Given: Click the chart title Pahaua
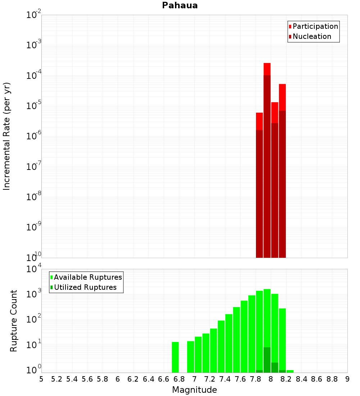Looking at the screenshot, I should (180, 5).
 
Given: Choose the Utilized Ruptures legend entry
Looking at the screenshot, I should (85, 287).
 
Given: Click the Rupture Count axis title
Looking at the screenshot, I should (14, 321).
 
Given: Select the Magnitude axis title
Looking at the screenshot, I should (194, 390).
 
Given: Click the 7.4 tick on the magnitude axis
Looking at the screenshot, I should (225, 379).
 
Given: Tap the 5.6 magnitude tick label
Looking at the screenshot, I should (87, 379).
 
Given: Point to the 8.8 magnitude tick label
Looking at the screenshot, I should (332, 379).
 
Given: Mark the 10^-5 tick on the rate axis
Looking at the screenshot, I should (34, 106).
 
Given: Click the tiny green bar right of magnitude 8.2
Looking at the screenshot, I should (290, 371).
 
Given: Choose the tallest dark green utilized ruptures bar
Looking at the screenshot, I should (267, 360).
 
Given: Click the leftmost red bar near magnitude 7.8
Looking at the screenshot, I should (259, 180).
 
